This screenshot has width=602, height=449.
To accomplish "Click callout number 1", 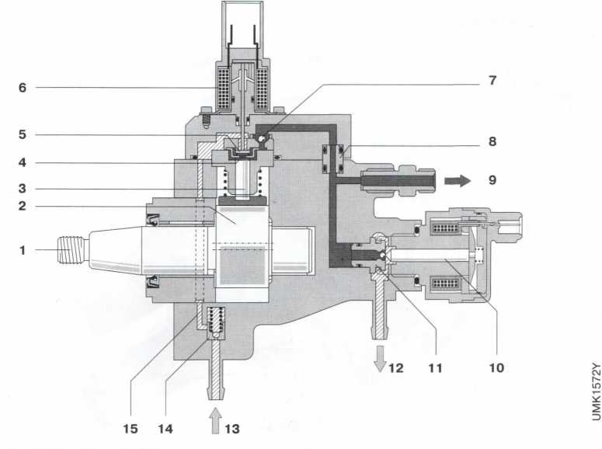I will (x=23, y=250).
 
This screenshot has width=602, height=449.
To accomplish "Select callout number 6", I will (x=23, y=88).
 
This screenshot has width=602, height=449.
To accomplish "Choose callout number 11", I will (x=436, y=368).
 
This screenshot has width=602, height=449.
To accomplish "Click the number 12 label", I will (x=395, y=368).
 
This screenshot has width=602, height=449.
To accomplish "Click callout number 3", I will (x=23, y=189).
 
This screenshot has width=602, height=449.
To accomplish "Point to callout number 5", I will (x=23, y=134).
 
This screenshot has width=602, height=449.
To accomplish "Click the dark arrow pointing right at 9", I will (x=458, y=179).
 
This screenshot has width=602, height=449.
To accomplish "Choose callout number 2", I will (x=23, y=207).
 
